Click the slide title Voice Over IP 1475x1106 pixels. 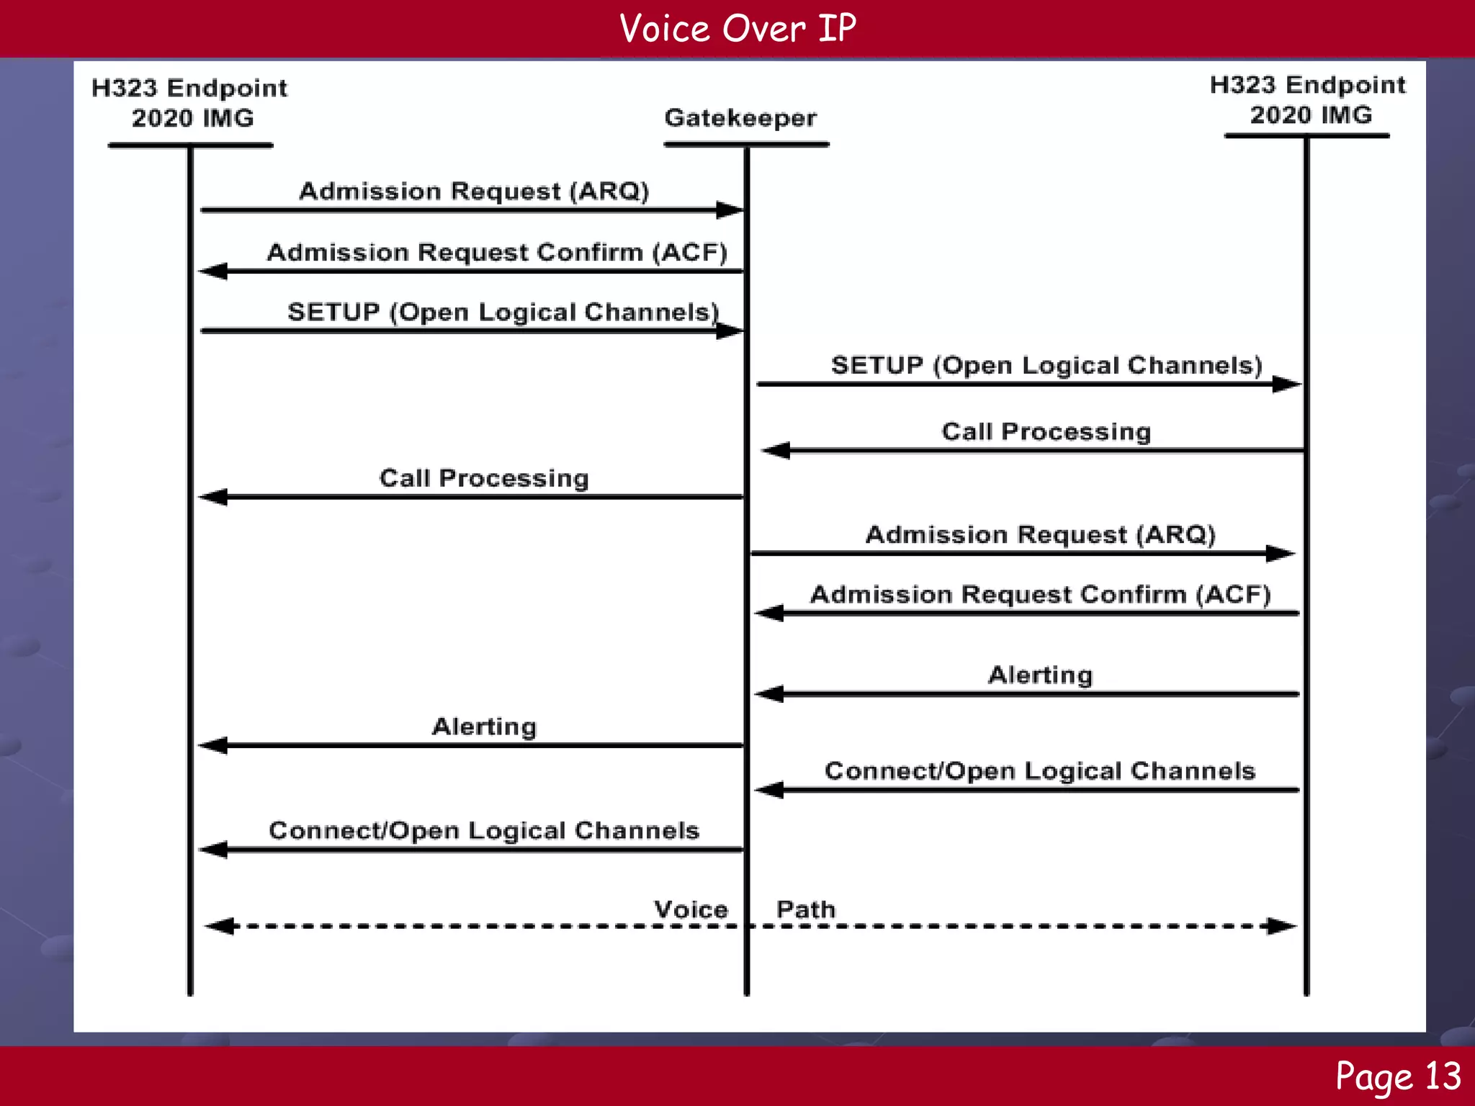(x=737, y=29)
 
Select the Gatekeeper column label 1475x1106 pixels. (x=740, y=118)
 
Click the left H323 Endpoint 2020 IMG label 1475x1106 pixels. (x=189, y=103)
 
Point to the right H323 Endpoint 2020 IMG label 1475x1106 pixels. (x=1307, y=100)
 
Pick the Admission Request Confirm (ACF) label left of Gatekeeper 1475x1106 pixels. (x=497, y=253)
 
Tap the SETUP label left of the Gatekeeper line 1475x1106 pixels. (x=503, y=313)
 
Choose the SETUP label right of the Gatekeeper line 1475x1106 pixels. (x=1046, y=366)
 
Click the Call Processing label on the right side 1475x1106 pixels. (x=1046, y=432)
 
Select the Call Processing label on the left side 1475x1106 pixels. (x=484, y=479)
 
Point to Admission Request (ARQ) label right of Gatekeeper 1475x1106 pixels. (x=1040, y=535)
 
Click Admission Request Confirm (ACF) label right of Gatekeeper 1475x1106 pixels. (x=1040, y=595)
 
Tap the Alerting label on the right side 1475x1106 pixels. (x=1040, y=675)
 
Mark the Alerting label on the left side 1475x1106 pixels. (x=484, y=727)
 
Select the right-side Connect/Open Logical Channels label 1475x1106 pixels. (x=1040, y=771)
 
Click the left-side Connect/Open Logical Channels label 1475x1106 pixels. (x=484, y=831)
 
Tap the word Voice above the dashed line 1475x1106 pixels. (x=691, y=910)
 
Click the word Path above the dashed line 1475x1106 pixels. (x=805, y=910)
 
